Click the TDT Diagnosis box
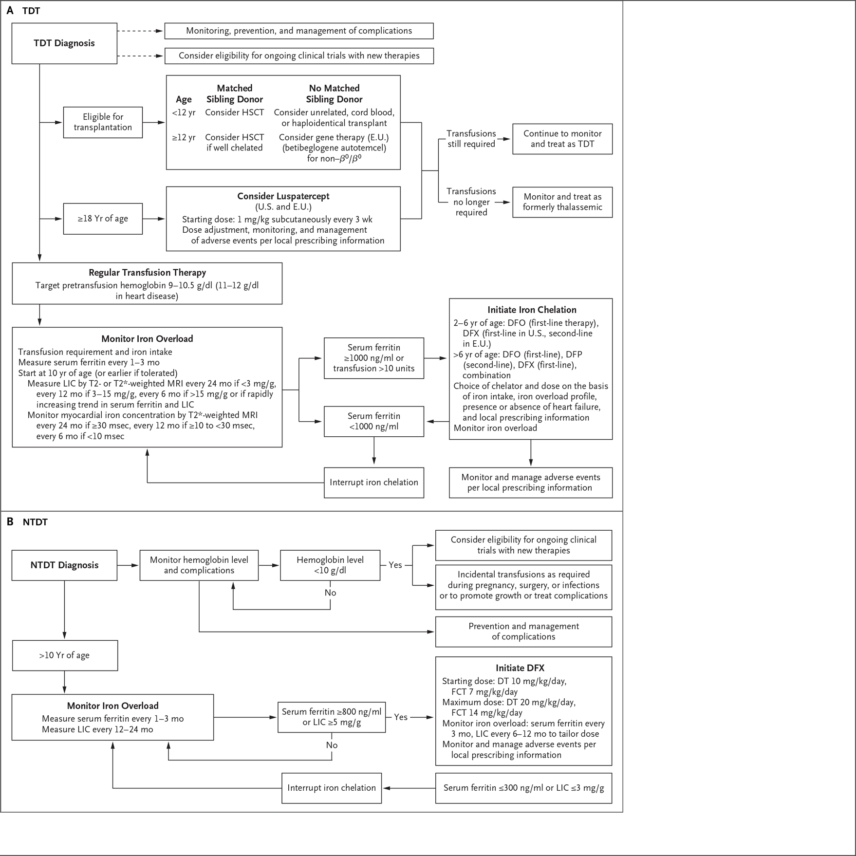[x=64, y=43]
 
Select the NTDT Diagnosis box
[x=64, y=565]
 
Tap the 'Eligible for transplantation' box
[x=103, y=122]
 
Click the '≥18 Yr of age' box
[x=103, y=219]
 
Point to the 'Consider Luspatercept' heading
[x=283, y=196]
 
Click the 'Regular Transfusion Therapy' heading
[x=147, y=273]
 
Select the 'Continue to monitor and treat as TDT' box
[x=562, y=139]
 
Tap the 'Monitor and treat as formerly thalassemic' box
[x=562, y=202]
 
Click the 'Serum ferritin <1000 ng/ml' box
[x=374, y=421]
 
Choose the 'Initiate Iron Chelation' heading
[x=532, y=310]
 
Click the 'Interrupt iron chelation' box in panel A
[x=374, y=483]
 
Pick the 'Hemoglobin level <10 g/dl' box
[x=330, y=565]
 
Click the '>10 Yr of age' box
[x=65, y=655]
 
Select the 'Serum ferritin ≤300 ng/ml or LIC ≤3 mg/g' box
[x=523, y=788]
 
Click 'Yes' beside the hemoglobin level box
[x=395, y=565]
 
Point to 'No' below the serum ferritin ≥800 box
[x=332, y=745]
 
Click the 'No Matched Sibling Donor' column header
[x=334, y=93]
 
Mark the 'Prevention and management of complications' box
[x=523, y=632]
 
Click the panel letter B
[x=10, y=522]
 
